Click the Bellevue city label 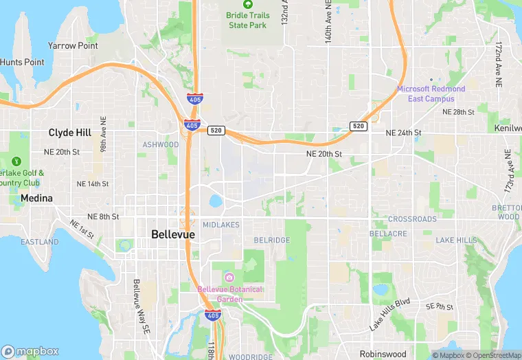172,234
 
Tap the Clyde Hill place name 70,133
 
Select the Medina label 36,198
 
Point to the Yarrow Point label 73,45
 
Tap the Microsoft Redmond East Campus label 431,93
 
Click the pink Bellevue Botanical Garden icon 229,277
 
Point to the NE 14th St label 93,184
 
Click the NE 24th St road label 403,133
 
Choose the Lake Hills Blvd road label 389,315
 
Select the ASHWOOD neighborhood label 160,145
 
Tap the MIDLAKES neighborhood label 220,225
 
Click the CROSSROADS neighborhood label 412,219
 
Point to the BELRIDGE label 272,240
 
